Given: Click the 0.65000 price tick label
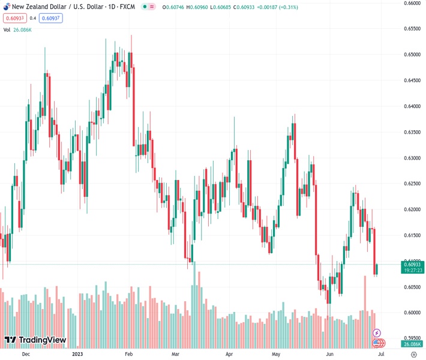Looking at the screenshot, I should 411,54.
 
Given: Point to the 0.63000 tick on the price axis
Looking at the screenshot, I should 411,158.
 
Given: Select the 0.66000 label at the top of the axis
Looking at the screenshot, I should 411,3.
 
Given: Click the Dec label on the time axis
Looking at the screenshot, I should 26,354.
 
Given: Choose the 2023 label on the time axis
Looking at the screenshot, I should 77,354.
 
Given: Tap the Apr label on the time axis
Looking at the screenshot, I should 230,354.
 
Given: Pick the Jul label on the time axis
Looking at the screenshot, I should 382,354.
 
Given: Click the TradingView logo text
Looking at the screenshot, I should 42,340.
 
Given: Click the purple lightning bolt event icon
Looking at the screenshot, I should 377,332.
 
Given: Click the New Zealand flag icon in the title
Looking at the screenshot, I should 5,7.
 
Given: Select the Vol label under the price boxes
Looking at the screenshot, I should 7,29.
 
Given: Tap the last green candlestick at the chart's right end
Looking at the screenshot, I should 376,269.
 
